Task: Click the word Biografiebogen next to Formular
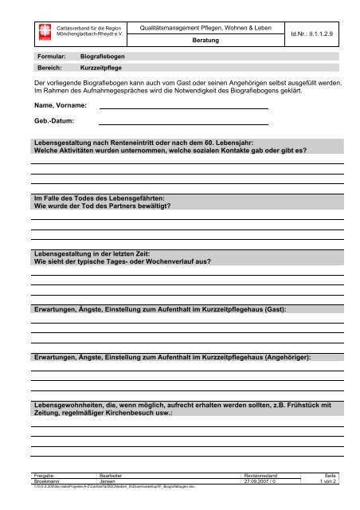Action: [103, 58]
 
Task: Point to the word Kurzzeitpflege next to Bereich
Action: [104, 69]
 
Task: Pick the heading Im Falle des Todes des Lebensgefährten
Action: [96, 197]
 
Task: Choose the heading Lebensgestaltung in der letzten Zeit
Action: [95, 252]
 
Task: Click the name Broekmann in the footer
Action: [41, 481]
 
